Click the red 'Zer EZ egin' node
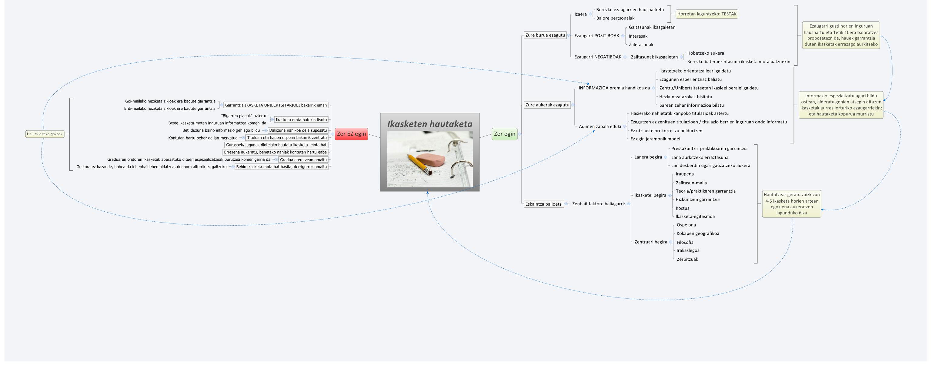(351, 134)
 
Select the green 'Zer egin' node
(504, 134)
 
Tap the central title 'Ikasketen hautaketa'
(429, 124)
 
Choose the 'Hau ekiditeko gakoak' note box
(45, 134)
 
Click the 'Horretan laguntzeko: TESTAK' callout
(707, 14)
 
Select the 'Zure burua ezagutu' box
(545, 35)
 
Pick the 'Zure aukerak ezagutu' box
(547, 105)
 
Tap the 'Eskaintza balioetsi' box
(544, 204)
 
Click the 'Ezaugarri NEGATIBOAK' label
(598, 57)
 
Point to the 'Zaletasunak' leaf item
(641, 45)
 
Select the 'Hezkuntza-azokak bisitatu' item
(685, 97)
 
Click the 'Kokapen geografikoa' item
(697, 233)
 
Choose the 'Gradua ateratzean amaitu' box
(303, 159)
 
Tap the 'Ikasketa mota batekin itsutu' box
(301, 120)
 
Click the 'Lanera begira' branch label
(648, 157)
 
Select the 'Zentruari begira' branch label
(650, 242)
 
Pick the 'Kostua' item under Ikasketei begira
(682, 208)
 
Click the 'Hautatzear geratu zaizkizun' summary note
(791, 204)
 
